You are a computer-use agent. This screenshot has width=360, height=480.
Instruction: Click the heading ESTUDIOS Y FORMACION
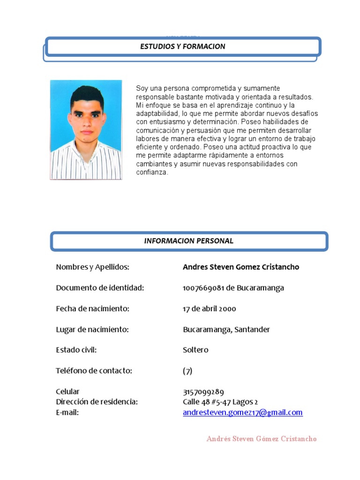click(183, 46)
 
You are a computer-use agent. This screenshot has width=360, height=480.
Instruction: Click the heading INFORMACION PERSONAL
click(189, 241)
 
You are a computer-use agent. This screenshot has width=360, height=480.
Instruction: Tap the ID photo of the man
click(86, 130)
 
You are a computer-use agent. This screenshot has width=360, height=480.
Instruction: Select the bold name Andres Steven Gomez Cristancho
click(241, 267)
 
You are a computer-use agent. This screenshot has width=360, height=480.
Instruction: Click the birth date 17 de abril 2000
click(210, 309)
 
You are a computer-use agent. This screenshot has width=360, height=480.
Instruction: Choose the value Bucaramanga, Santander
click(226, 330)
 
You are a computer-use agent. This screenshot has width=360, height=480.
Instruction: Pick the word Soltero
click(195, 350)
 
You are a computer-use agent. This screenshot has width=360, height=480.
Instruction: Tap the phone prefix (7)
click(187, 371)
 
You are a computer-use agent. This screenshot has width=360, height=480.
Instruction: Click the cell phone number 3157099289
click(203, 392)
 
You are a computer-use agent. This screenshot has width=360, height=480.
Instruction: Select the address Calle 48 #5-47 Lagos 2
click(220, 402)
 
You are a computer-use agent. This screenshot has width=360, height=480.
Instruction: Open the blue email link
click(243, 412)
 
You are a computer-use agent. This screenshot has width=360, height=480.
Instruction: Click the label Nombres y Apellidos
click(92, 267)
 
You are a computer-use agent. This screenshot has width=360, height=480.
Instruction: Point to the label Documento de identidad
click(100, 288)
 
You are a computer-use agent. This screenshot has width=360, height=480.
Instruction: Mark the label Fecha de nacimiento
click(92, 309)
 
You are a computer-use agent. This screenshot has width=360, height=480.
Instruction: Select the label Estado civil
click(76, 350)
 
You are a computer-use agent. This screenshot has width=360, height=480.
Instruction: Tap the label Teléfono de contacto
click(94, 371)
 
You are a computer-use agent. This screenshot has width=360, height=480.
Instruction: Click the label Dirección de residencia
click(97, 402)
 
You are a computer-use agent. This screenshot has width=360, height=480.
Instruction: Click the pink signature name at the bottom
click(262, 439)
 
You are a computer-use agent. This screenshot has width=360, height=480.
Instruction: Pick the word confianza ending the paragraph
click(152, 172)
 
